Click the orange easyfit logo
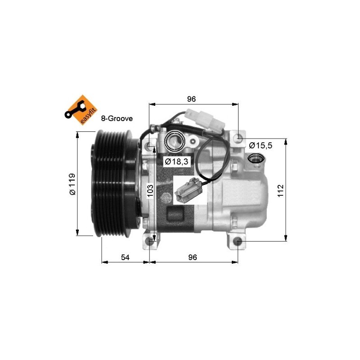(x=81, y=110)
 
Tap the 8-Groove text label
(x=117, y=118)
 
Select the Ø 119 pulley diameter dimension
(x=72, y=184)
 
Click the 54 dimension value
(x=125, y=257)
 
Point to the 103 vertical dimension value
(x=150, y=190)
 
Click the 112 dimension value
(x=280, y=190)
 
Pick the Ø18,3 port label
(x=176, y=162)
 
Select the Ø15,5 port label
(x=261, y=145)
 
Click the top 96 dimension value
(x=191, y=99)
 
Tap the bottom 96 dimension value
(x=193, y=257)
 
